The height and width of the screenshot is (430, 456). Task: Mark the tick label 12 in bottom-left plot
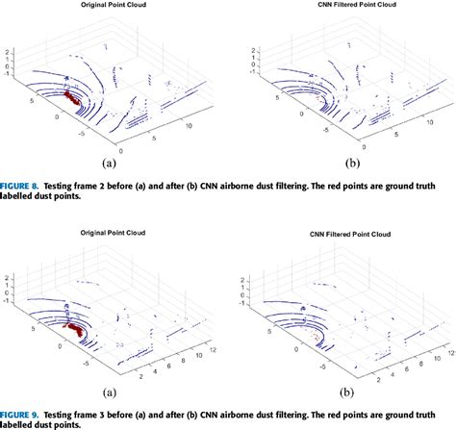[x=194, y=352]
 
